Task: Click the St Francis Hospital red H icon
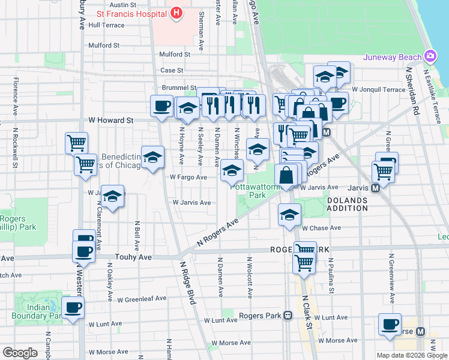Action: (x=176, y=13)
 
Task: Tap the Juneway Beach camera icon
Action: (x=430, y=57)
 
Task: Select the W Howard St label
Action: (x=112, y=121)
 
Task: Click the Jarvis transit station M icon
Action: (x=376, y=188)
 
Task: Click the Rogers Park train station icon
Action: (x=288, y=315)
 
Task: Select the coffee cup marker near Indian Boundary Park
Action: (x=73, y=308)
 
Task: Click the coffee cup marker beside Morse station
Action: (x=390, y=325)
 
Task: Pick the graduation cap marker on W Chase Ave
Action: (x=289, y=214)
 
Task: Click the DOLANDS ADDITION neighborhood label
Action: (x=347, y=204)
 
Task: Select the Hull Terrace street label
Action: (x=106, y=25)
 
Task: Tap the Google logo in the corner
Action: (x=20, y=353)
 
